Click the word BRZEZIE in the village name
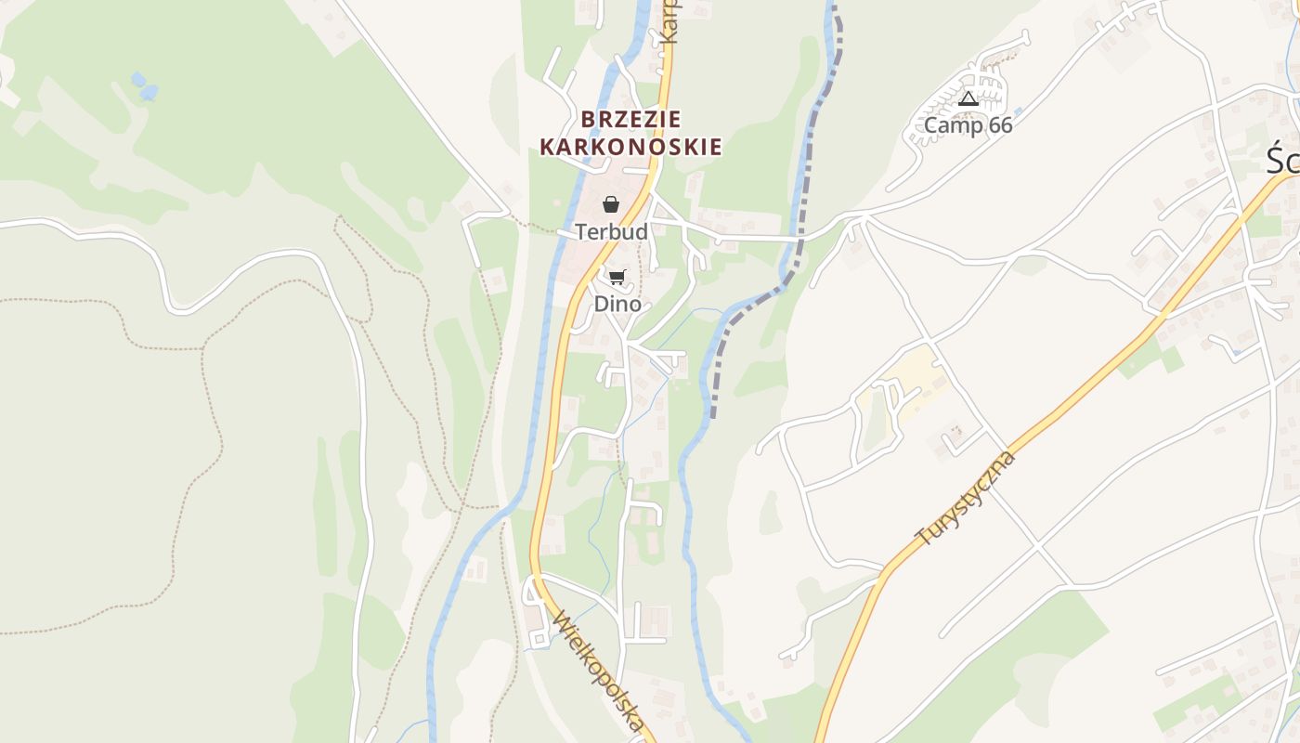coord(631,119)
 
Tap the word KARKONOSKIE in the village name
coord(631,147)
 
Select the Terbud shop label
coord(611,231)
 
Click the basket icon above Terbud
coord(611,204)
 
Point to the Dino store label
coord(617,304)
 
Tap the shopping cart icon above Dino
coord(617,277)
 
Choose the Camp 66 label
coord(968,125)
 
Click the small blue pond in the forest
coord(144,86)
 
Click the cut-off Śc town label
coord(1283,161)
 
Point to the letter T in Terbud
coord(581,231)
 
